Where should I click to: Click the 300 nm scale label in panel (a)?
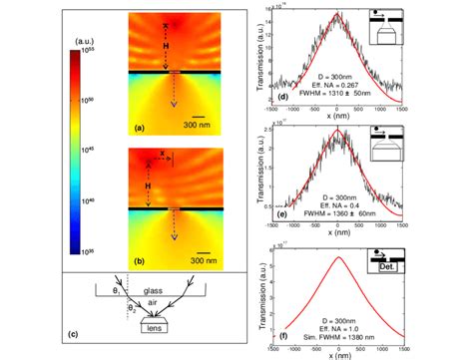[x=205, y=128]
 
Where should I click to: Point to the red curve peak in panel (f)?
[x=338, y=257]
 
